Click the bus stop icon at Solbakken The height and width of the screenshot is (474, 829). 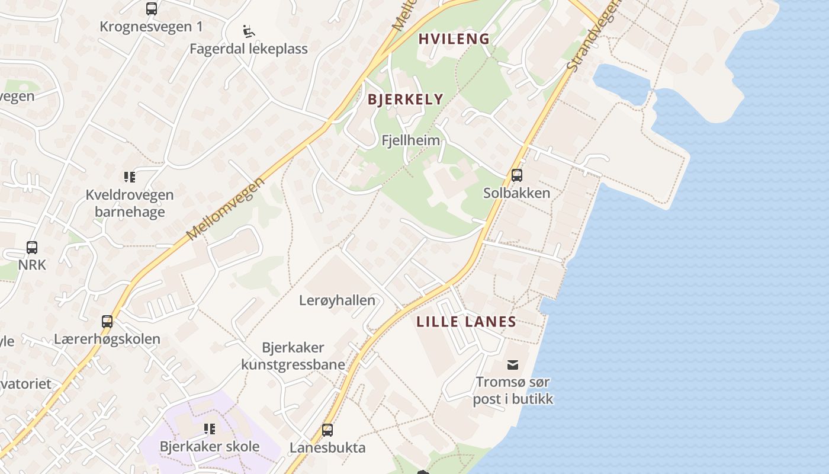(x=517, y=175)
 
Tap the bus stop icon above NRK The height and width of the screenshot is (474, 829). (x=32, y=248)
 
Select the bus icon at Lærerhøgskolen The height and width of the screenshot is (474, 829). (x=107, y=322)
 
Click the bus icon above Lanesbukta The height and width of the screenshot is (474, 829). (x=327, y=430)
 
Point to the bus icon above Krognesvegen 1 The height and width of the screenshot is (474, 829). (x=152, y=9)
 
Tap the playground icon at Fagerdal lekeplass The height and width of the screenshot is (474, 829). (x=249, y=31)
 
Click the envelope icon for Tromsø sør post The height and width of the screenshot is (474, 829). (x=513, y=364)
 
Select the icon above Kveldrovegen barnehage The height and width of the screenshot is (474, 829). (x=130, y=177)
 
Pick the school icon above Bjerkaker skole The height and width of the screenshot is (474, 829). (x=210, y=428)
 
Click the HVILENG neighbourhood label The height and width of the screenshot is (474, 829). (x=454, y=39)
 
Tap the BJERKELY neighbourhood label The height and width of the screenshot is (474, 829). (x=406, y=99)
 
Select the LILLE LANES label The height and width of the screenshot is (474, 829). (x=466, y=322)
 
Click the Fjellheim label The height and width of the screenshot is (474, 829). (x=411, y=140)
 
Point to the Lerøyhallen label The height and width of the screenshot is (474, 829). (x=337, y=300)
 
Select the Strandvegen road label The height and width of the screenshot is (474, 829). (x=592, y=36)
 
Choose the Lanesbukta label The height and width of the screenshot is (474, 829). (x=327, y=447)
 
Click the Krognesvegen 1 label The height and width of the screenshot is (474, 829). (x=151, y=27)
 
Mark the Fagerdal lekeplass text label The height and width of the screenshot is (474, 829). (x=249, y=49)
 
